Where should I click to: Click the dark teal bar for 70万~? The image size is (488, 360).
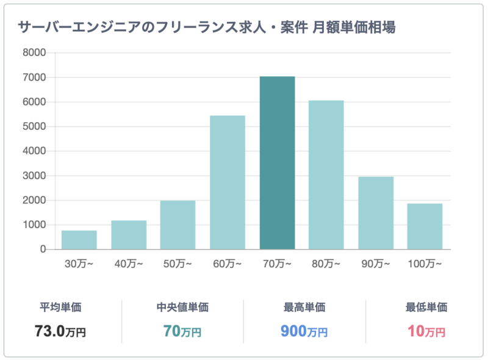click(x=277, y=163)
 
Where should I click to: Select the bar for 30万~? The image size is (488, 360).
click(x=79, y=240)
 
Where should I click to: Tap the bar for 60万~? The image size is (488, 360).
click(x=228, y=182)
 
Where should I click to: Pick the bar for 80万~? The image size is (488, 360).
click(x=326, y=175)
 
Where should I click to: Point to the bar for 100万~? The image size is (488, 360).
click(x=425, y=226)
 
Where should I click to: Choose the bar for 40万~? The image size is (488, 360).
click(x=129, y=235)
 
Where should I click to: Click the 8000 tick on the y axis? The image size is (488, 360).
click(x=35, y=53)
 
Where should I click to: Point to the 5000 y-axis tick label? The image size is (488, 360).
click(x=35, y=127)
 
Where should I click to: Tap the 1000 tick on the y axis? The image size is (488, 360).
click(x=35, y=225)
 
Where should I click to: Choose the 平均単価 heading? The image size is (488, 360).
click(x=60, y=308)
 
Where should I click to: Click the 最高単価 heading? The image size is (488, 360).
click(x=304, y=308)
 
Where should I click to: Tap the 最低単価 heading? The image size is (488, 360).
click(x=426, y=308)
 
